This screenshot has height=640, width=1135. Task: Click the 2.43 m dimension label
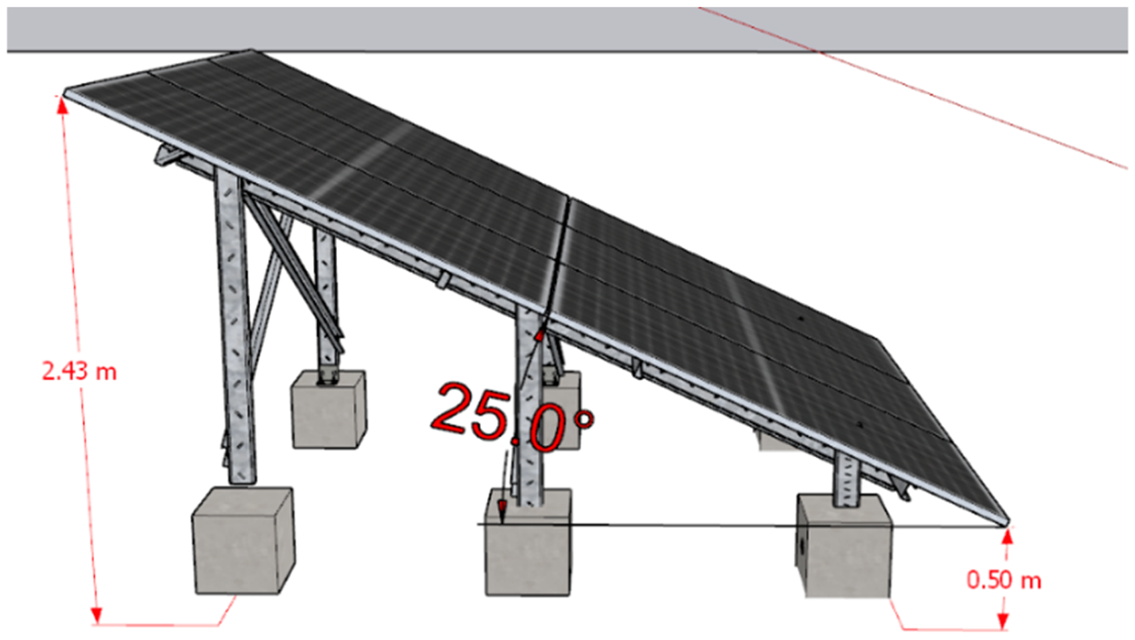79,371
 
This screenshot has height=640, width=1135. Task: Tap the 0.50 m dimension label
1004,580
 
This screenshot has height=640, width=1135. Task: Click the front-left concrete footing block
244,541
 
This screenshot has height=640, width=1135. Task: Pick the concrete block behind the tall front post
329,409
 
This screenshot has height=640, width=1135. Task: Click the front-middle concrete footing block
528,542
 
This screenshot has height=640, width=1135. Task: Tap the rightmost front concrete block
843,546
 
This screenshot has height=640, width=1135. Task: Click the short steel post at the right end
847,479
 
